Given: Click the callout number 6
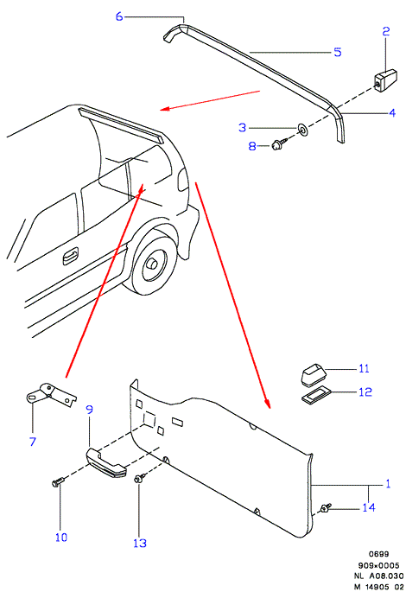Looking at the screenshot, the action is click(x=119, y=16).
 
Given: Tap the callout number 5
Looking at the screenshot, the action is click(x=338, y=52).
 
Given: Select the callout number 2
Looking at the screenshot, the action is click(x=385, y=31).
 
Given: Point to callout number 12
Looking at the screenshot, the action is click(x=365, y=391).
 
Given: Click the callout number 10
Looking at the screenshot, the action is click(x=61, y=538).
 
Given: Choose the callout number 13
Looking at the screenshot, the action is click(x=140, y=543).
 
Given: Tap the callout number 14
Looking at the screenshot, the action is click(x=369, y=507).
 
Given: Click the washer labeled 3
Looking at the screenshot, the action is click(x=302, y=129).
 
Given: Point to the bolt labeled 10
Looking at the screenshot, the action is click(x=58, y=481).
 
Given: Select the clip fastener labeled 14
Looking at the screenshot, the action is click(x=326, y=508).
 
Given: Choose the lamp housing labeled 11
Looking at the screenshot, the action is click(x=314, y=373).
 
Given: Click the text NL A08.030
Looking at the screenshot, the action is click(x=378, y=576).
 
